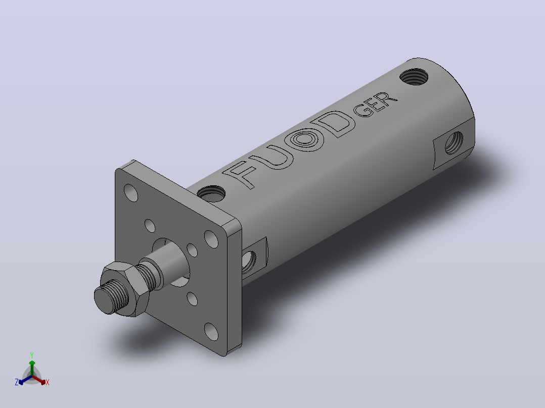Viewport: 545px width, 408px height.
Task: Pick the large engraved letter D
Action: click(334, 123)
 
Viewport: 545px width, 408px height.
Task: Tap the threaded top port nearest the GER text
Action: click(414, 76)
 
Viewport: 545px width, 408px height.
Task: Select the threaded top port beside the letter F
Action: click(211, 193)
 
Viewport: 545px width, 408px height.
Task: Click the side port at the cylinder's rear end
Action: click(453, 142)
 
